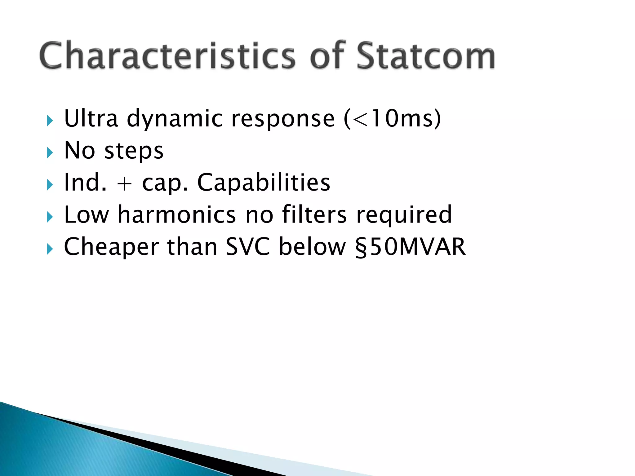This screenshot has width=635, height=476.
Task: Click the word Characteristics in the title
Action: coord(167,56)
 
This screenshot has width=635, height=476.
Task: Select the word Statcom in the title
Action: coord(425,56)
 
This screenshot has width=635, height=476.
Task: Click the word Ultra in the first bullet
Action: coord(91,118)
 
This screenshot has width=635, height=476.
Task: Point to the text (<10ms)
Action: coord(392,118)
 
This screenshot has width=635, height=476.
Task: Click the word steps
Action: coord(134,151)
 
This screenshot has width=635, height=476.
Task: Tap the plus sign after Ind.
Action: coord(124,183)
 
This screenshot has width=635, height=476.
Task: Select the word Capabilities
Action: coord(264,183)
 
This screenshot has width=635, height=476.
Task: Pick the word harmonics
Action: coord(177,215)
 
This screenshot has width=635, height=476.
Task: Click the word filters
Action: coord(314,215)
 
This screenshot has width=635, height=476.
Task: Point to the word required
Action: coord(404,215)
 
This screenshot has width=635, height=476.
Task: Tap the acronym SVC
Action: coord(248,247)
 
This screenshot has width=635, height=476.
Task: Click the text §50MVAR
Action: coord(411,247)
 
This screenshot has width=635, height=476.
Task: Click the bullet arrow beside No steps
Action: coord(50,153)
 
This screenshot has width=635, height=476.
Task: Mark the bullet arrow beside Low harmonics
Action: coord(50,217)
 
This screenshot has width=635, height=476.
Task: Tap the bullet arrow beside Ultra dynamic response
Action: coord(50,121)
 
